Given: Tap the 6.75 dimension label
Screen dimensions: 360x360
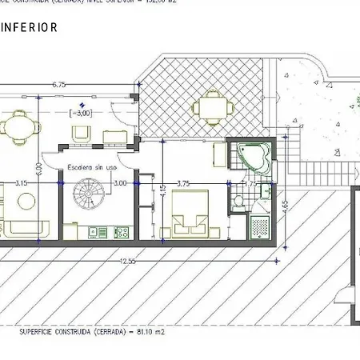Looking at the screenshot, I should pyautogui.click(x=58, y=84).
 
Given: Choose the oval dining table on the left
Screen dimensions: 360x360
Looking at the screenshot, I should pyautogui.click(x=16, y=127).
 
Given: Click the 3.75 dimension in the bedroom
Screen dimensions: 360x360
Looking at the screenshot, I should pyautogui.click(x=183, y=183).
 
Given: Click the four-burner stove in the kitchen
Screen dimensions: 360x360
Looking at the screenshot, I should pyautogui.click(x=122, y=233).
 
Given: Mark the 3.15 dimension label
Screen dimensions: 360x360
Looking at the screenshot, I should pyautogui.click(x=22, y=183).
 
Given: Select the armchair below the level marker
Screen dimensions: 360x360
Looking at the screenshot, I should pyautogui.click(x=80, y=135).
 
